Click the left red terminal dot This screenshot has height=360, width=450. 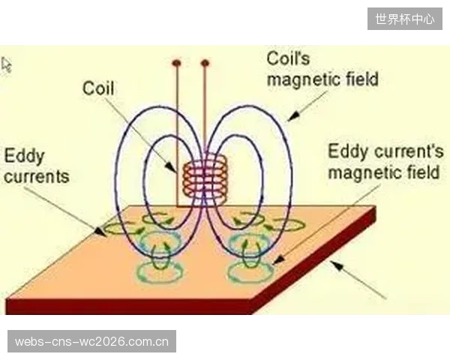[x=177, y=62]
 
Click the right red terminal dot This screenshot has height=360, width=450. [x=205, y=63]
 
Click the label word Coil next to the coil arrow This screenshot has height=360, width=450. [x=98, y=88]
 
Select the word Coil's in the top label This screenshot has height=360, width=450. [x=288, y=58]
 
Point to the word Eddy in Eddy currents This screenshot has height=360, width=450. [x=24, y=157]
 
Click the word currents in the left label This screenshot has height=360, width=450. [x=37, y=176]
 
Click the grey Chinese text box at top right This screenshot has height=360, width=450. [x=405, y=19]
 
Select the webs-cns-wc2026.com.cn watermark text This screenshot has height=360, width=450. [x=91, y=342]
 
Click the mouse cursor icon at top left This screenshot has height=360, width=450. [x=6, y=65]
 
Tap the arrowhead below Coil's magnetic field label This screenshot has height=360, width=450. [x=293, y=116]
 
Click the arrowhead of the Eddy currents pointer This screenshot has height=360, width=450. [x=100, y=232]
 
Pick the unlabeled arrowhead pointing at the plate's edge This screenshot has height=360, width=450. [x=336, y=265]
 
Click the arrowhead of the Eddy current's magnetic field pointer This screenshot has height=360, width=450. [x=278, y=260]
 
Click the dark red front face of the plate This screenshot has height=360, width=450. [x=129, y=307]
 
